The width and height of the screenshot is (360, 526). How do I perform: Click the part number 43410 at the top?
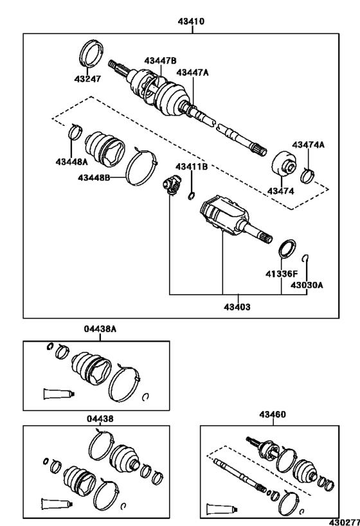coord(191,21)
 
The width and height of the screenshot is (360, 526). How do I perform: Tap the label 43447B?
coord(160,61)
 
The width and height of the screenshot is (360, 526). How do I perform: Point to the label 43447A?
coord(192,73)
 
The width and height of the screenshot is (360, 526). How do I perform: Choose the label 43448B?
coord(94,177)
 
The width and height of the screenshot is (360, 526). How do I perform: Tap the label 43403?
coord(237,306)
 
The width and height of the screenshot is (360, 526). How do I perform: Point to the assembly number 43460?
coord(273,415)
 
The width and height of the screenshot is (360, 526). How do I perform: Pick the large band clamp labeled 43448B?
coord(141,168)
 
